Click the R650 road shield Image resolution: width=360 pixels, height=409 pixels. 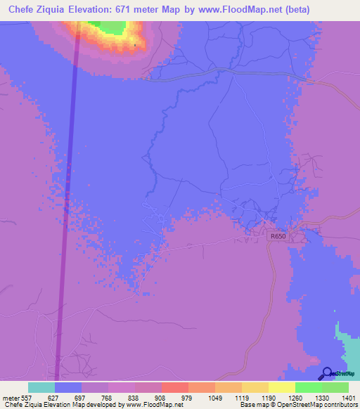(278, 237)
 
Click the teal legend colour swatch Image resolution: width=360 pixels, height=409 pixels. (41, 387)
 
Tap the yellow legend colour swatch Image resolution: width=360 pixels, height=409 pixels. (281, 387)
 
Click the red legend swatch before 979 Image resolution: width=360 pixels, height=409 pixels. (174, 387)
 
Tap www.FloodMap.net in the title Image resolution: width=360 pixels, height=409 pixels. (244, 8)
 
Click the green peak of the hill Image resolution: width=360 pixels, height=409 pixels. (111, 27)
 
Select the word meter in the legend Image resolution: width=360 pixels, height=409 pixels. (12, 397)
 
